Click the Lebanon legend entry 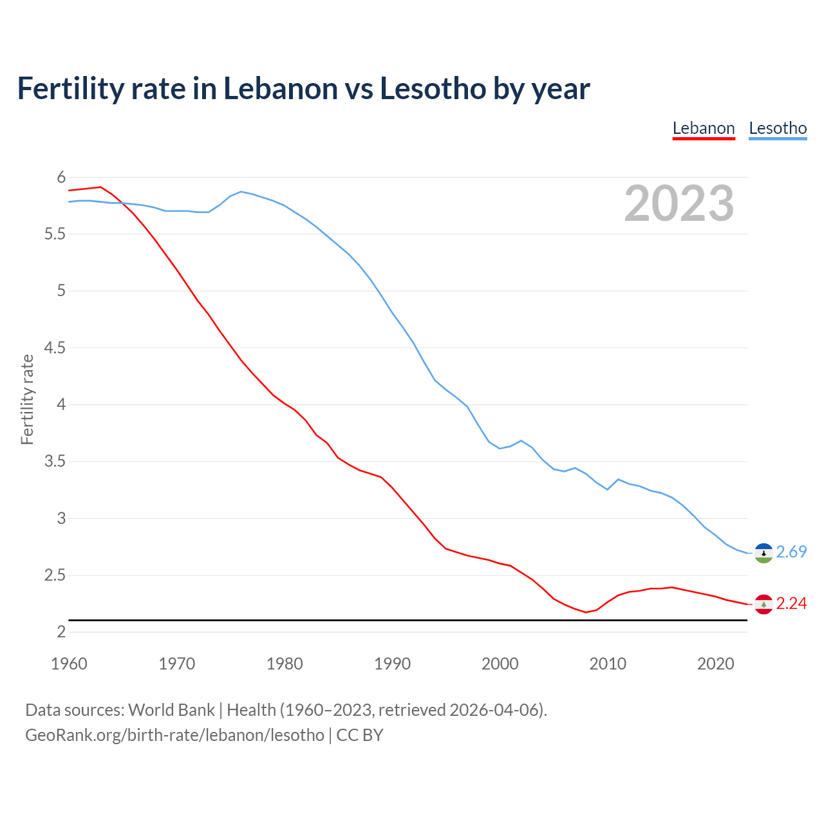[704, 128]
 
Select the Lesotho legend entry [778, 128]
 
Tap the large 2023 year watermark [679, 203]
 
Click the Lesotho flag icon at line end [763, 553]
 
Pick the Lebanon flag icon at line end [763, 604]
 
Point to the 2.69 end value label [791, 552]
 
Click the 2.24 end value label [791, 603]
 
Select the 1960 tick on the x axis [69, 664]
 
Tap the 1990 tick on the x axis [392, 664]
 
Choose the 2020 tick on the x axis [715, 664]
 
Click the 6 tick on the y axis [61, 177]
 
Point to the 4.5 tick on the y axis [55, 348]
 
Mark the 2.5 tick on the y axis [55, 575]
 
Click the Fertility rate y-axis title [27, 399]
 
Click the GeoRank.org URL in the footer [174, 735]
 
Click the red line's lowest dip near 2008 [586, 612]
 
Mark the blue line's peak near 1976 [241, 191]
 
